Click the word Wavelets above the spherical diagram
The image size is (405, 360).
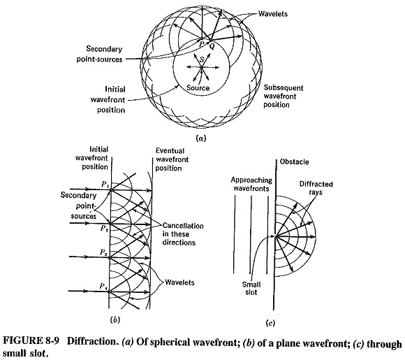tap(273, 14)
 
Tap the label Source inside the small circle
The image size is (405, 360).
tap(198, 88)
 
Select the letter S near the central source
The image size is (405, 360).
tap(202, 60)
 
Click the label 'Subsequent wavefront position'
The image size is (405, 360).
tap(283, 96)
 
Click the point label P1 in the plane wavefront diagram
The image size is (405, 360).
tap(105, 185)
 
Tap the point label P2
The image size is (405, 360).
tap(105, 229)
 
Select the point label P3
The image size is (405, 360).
tap(104, 252)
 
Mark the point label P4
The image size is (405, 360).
tap(103, 287)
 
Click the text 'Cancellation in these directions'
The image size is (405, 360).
tap(183, 234)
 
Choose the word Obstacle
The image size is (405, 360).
tap(295, 162)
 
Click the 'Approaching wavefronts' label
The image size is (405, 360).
tap(251, 184)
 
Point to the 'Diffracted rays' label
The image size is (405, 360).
tap(316, 188)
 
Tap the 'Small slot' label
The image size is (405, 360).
tap(251, 289)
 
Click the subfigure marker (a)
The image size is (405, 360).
tap(201, 138)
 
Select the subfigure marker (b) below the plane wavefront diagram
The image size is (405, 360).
tap(115, 320)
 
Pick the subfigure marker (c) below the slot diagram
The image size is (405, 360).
tap(270, 323)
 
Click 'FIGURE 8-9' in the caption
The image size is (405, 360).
tap(31, 341)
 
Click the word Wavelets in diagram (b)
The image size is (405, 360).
tap(179, 282)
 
